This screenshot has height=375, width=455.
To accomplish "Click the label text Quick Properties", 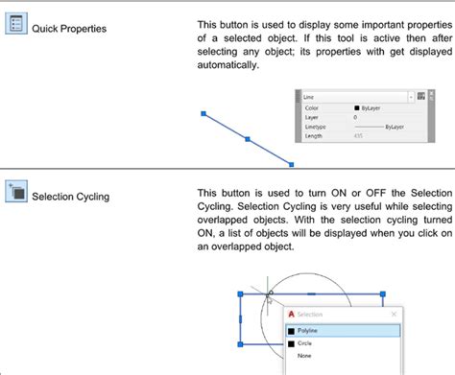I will pos(69,29).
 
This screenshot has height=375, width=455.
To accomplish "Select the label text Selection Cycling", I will pos(70,197).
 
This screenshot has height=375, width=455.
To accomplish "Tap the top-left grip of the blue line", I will pos(203,114).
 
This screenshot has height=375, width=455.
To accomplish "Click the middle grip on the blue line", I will pos(248,140).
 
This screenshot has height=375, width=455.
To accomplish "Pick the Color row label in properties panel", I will pos(313,108).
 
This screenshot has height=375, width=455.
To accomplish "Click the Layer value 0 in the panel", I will pos(355,117).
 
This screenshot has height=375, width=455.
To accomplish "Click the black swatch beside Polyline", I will pos(292,330).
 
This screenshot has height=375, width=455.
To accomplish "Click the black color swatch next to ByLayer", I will pos(357,108).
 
